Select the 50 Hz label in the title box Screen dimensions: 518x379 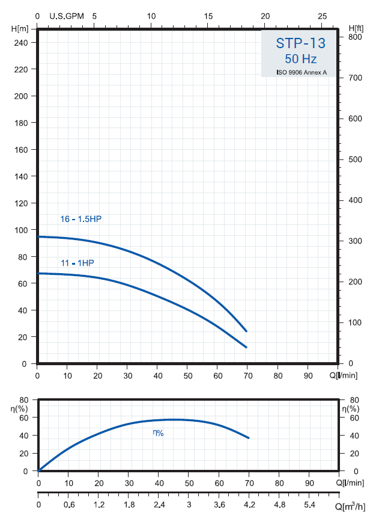point(300,59)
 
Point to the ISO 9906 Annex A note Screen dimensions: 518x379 point(301,72)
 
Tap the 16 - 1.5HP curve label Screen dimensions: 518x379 point(81,219)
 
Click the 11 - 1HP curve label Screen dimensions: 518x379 point(77,263)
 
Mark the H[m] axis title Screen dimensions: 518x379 point(20,28)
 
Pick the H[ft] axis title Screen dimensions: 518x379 point(356,28)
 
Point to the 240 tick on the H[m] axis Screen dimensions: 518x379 point(20,43)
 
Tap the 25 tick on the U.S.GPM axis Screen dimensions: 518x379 point(323,16)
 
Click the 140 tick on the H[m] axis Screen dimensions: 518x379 point(20,176)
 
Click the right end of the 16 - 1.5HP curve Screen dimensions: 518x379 point(246,331)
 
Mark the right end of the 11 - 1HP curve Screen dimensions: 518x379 point(246,347)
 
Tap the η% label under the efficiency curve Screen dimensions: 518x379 point(158,433)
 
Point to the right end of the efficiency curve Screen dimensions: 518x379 point(248,437)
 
